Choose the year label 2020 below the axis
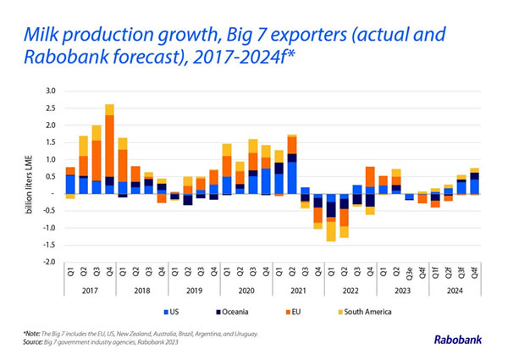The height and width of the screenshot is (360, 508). (249, 292)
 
